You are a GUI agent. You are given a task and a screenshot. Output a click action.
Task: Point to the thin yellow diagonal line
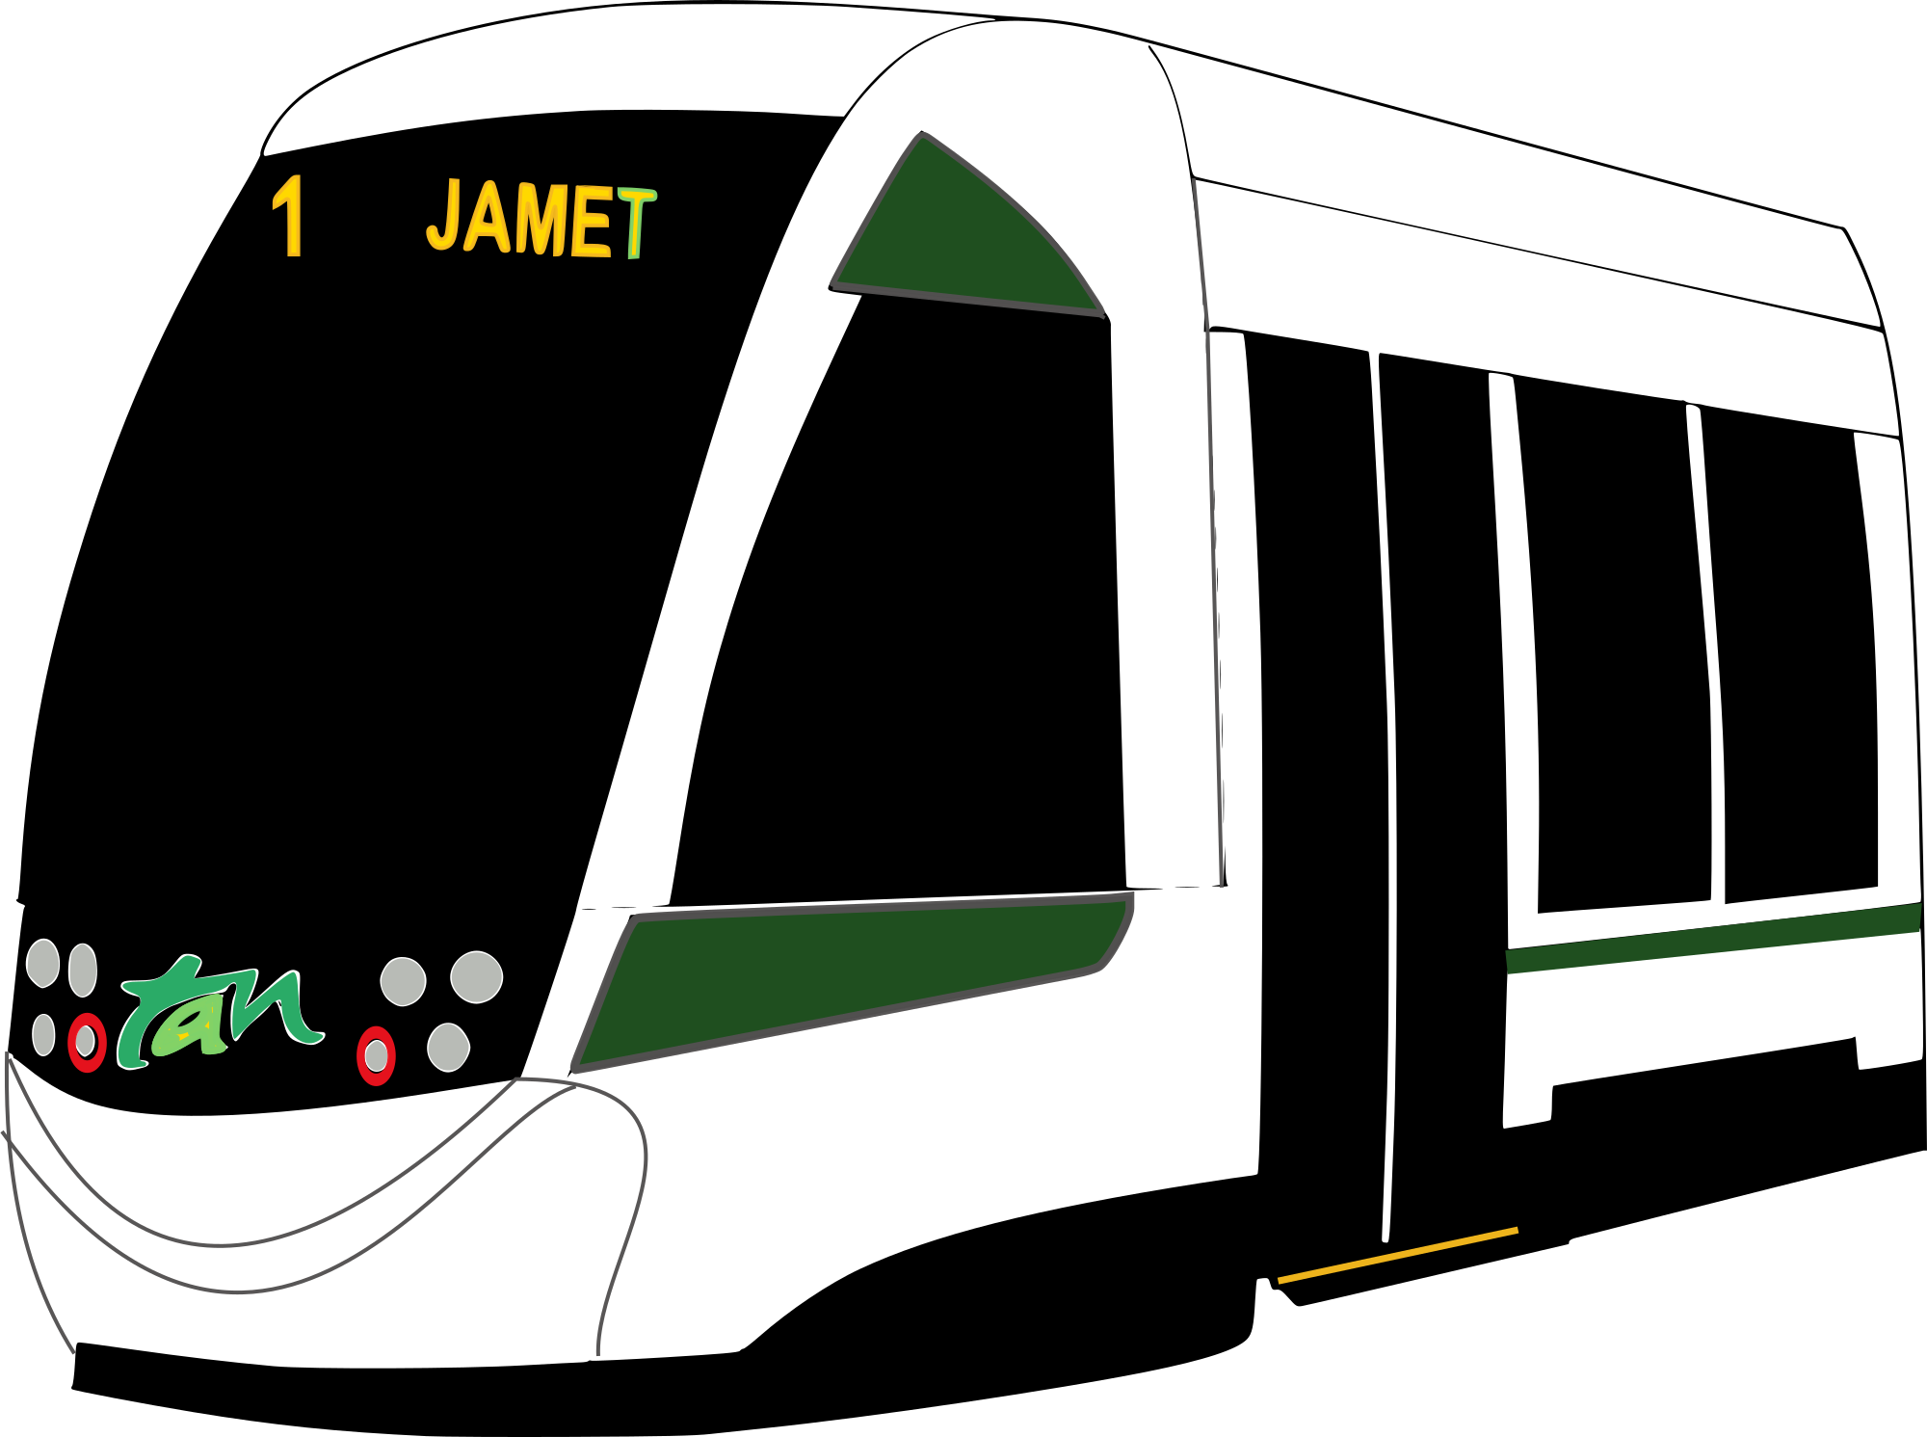pos(1397,1255)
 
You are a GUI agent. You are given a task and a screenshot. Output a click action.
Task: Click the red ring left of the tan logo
pos(87,1043)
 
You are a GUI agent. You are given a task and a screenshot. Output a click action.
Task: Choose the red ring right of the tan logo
pos(376,1056)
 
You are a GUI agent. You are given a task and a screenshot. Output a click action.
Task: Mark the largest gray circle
pos(477,977)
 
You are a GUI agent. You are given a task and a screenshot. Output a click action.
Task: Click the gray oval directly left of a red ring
pos(43,1035)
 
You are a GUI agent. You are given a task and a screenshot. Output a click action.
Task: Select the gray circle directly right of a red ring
pos(448,1047)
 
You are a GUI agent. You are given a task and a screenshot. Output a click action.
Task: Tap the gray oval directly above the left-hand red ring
pos(83,970)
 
